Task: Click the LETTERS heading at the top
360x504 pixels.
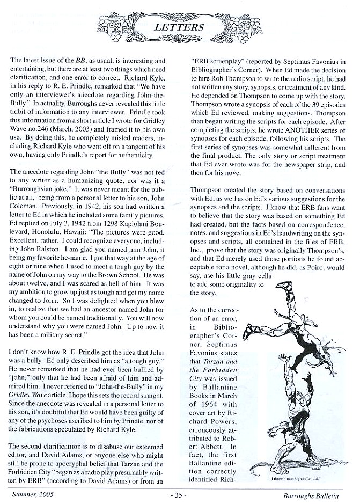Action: point(180,26)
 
